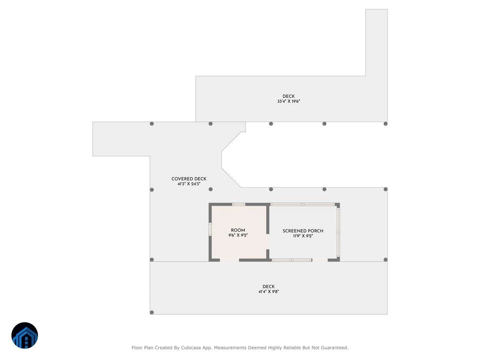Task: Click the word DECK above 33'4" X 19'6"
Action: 288,96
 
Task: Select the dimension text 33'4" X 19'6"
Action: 288,101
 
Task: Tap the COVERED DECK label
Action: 189,179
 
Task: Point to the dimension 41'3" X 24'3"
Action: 189,184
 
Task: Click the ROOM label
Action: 238,230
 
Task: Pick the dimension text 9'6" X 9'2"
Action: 238,235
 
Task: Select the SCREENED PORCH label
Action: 303,231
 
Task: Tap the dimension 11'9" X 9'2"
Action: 303,236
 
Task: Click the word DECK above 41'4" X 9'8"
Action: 268,286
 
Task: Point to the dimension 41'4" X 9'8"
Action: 268,292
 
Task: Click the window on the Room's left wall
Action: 210,229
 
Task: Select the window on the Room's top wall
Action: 238,204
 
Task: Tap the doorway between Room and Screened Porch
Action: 268,242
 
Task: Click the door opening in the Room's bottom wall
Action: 229,260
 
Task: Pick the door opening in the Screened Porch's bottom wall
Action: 320,260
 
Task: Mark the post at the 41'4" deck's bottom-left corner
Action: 152,312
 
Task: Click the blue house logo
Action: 25,335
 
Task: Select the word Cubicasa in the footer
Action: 191,348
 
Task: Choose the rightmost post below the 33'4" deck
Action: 386,124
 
